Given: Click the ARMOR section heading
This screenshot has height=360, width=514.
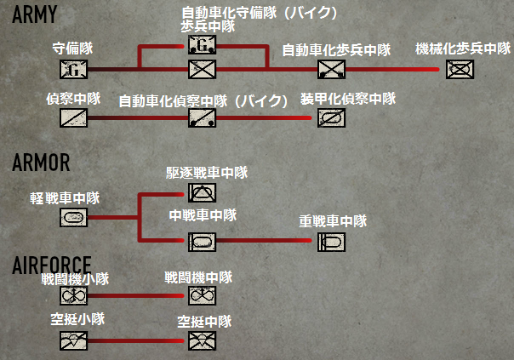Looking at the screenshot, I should pyautogui.click(x=41, y=163).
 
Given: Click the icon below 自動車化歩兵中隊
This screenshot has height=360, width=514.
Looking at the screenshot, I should pyautogui.click(x=329, y=68).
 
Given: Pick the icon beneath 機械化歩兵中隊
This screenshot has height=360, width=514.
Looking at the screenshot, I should pyautogui.click(x=460, y=68).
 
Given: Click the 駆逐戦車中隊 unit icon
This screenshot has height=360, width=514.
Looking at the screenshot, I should pyautogui.click(x=203, y=193).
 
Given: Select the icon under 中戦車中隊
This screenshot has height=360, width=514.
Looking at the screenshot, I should pyautogui.click(x=203, y=242).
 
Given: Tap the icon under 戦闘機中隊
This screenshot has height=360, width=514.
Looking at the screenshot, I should pyautogui.click(x=203, y=294).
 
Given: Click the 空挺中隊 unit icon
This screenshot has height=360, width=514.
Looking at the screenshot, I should pyautogui.click(x=203, y=340).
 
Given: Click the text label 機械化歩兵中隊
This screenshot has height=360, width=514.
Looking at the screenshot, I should pyautogui.click(x=462, y=49).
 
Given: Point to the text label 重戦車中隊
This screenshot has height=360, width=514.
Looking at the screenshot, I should pyautogui.click(x=332, y=221).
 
